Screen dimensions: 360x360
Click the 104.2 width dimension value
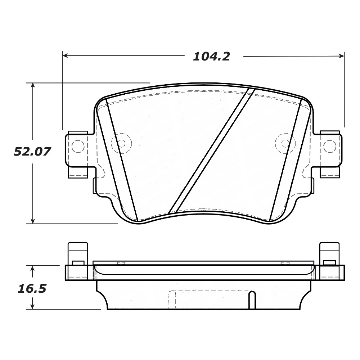(x=211, y=57)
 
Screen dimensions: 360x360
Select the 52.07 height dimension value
(x=32, y=152)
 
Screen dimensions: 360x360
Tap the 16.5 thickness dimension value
(x=32, y=289)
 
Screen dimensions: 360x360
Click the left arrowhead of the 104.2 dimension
(x=65, y=55)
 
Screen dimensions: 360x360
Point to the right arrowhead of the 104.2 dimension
(x=342, y=55)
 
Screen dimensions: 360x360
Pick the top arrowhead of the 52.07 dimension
(x=33, y=85)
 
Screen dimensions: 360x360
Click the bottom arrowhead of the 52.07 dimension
(x=33, y=221)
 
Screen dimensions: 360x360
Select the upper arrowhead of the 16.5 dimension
(x=32, y=268)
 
